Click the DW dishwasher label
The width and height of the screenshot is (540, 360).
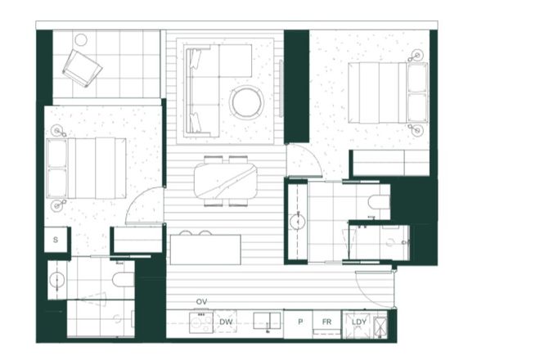click(227, 322)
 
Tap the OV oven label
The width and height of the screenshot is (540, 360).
click(202, 302)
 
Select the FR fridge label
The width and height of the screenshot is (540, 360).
click(326, 322)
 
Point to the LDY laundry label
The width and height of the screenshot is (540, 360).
click(357, 322)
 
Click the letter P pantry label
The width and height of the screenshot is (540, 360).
click(300, 322)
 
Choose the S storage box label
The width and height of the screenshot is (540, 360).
click(56, 241)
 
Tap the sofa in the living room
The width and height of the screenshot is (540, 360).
click(200, 90)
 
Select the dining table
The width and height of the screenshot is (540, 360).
click(226, 181)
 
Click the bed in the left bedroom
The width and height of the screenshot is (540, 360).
click(86, 168)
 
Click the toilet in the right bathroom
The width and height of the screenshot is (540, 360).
click(380, 202)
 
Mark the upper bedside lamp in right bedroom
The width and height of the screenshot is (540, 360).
click(418, 55)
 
